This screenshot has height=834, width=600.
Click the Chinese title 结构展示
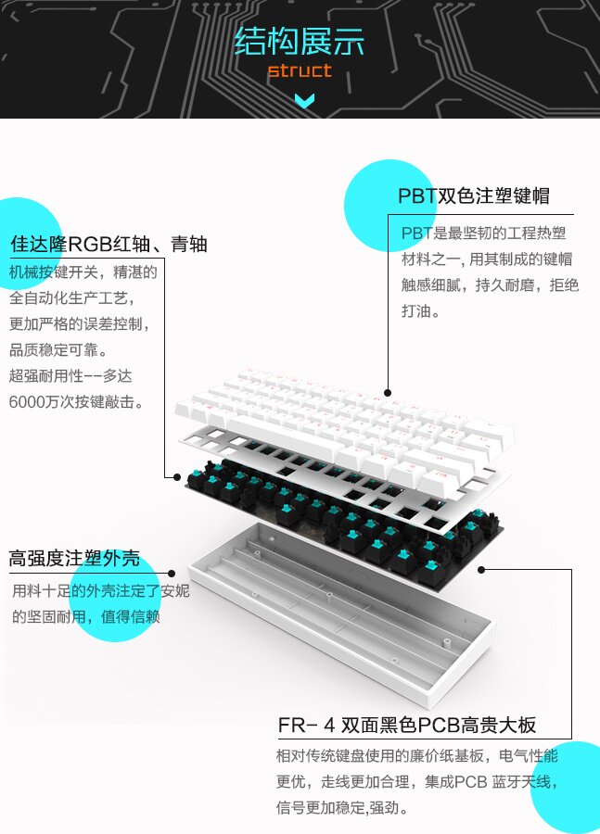coord(299,42)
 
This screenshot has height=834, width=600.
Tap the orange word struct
coord(299,70)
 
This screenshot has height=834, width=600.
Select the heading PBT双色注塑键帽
coord(473,196)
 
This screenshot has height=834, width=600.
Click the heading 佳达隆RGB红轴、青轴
coord(109,244)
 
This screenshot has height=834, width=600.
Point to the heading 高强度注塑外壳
coord(74,558)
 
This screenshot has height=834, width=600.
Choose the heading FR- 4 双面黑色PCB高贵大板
coord(406,724)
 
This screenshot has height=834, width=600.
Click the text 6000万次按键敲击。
coord(76,402)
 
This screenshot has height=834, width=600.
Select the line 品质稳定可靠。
coord(58,350)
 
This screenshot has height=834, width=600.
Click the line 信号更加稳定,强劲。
coord(342,807)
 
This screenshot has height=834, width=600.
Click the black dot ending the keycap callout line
coord(388,393)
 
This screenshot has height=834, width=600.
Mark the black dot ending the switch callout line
coord(177,476)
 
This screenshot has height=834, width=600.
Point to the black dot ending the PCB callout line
coord(481,570)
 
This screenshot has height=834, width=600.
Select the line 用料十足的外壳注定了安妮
coord(100,590)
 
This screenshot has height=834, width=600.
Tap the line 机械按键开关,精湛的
coord(83,272)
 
